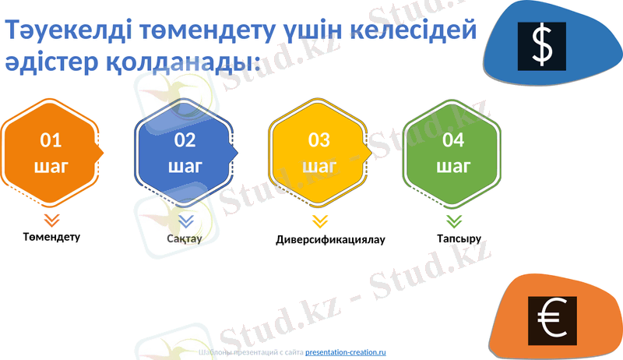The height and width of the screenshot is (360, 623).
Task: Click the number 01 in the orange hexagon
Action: point(51,140)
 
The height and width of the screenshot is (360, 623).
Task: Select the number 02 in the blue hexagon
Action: point(185,140)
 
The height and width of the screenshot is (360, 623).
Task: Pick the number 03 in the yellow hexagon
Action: point(319,140)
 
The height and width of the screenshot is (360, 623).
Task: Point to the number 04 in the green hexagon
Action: point(453,140)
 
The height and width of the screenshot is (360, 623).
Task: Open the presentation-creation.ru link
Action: point(346,352)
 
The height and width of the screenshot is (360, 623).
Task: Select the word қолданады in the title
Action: point(178,62)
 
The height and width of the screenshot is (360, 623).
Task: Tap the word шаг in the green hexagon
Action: point(453,166)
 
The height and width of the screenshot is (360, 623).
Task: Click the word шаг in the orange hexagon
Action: point(51,166)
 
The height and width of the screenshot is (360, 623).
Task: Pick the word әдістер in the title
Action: point(50,62)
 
